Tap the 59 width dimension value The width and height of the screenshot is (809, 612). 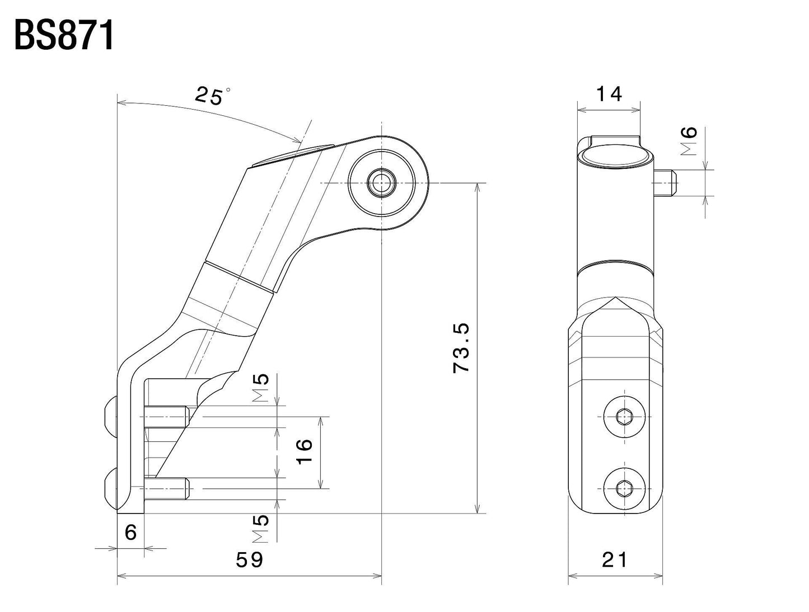tap(249, 559)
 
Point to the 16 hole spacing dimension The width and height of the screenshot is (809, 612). tap(302, 453)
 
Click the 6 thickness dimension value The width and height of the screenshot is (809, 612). tap(130, 532)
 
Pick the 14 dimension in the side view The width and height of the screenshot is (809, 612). tap(609, 95)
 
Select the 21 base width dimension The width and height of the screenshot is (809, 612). tap(615, 559)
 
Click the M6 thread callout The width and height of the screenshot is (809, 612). tap(690, 140)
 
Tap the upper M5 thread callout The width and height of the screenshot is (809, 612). tap(261, 388)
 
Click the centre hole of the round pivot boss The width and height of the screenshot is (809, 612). tap(382, 182)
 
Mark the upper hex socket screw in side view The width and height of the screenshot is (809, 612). tap(623, 416)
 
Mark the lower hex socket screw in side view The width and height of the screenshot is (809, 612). tap(623, 488)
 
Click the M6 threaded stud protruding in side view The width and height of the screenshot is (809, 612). tap(666, 183)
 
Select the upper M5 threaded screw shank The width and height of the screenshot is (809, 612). tap(166, 416)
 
